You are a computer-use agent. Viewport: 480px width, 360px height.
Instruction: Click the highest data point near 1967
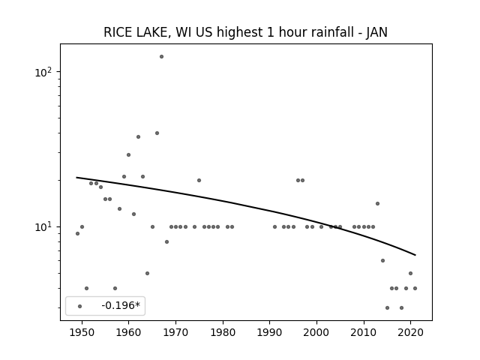click(x=162, y=57)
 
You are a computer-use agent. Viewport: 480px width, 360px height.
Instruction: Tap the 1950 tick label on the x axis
click(x=82, y=333)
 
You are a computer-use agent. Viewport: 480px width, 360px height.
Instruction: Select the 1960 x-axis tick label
click(x=128, y=333)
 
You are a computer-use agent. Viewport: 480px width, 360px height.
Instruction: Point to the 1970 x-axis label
click(x=175, y=333)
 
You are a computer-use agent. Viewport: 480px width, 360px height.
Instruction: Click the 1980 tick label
click(x=223, y=333)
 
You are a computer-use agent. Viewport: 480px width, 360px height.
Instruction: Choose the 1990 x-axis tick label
click(x=270, y=333)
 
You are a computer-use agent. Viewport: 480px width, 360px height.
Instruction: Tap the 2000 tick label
click(x=316, y=333)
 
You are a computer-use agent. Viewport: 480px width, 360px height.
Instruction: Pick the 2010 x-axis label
click(x=364, y=333)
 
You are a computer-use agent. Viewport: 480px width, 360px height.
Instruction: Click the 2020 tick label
click(x=411, y=333)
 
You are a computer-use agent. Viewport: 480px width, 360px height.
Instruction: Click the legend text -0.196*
click(x=121, y=305)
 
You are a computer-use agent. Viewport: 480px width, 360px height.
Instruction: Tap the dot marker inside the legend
click(x=80, y=306)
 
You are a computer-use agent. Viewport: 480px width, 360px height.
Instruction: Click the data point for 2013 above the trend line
click(x=377, y=203)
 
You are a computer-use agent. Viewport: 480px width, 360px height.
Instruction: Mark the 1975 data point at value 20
click(x=199, y=180)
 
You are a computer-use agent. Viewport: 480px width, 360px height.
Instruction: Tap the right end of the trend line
click(x=415, y=255)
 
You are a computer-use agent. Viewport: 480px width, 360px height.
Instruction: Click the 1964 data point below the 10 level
click(x=147, y=273)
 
